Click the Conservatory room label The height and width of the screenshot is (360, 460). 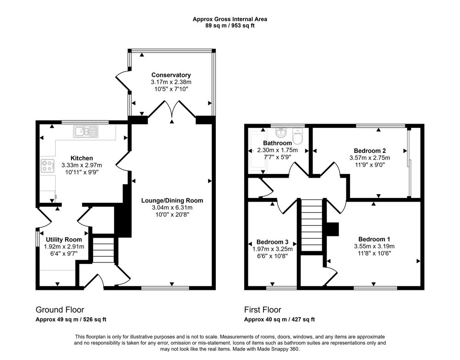(x=171, y=75)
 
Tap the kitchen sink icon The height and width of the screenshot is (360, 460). (x=86, y=131)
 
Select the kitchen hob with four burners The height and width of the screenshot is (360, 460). (x=48, y=166)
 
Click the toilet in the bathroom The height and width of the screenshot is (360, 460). (x=298, y=136)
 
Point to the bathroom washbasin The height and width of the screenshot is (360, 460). (x=281, y=132)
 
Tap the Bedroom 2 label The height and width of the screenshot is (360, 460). (x=370, y=151)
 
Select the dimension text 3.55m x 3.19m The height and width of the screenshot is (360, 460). (x=374, y=246)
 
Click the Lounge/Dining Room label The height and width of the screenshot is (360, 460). (x=172, y=201)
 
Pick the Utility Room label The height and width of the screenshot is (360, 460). (x=64, y=240)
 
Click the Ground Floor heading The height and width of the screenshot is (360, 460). (x=60, y=310)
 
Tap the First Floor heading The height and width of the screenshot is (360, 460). (x=263, y=310)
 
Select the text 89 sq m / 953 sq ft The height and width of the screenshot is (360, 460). (x=230, y=26)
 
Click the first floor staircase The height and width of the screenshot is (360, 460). (x=312, y=225)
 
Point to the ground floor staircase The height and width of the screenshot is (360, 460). (x=103, y=250)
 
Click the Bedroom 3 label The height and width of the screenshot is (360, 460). (x=272, y=242)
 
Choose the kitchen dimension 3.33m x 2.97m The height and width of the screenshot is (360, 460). (x=82, y=165)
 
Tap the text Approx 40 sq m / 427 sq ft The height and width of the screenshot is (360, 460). (x=279, y=320)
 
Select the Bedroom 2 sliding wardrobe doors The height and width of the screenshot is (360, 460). (x=409, y=163)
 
